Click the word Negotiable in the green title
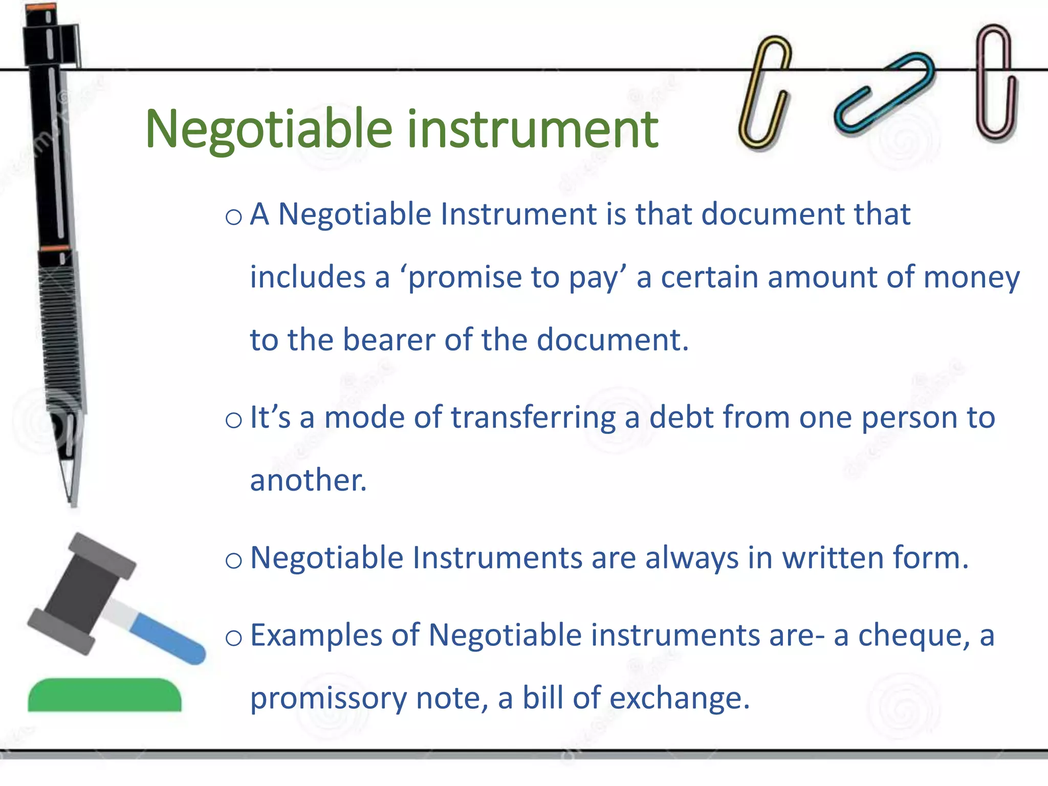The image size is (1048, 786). click(x=269, y=130)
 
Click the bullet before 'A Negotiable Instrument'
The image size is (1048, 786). click(x=233, y=217)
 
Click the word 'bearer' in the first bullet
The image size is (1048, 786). click(x=388, y=340)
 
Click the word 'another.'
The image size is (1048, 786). click(x=308, y=481)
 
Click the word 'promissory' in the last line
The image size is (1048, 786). click(x=328, y=699)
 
